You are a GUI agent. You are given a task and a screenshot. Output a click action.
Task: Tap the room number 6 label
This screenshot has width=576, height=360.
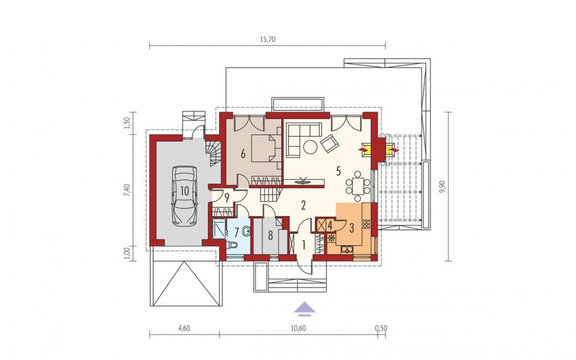[x=243, y=154]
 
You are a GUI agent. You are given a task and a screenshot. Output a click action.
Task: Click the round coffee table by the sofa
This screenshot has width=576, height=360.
[x=311, y=148]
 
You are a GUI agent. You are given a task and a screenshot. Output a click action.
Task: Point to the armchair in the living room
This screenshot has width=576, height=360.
[x=330, y=143]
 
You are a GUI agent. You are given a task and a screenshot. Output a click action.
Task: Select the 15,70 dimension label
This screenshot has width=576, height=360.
[x=267, y=40]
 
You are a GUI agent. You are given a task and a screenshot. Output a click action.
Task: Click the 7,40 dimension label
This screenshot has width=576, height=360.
[x=127, y=191]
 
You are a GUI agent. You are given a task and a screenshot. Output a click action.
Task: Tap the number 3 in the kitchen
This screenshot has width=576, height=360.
[x=352, y=228]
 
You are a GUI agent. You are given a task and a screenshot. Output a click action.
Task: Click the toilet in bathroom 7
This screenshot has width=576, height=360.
[x=233, y=245]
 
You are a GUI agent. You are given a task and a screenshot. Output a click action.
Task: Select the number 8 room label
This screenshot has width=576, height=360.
[x=270, y=236]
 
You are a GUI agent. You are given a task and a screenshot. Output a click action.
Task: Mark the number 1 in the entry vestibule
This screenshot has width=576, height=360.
[x=304, y=245]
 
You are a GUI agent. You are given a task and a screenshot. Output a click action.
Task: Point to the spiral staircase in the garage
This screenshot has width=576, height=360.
[x=213, y=153]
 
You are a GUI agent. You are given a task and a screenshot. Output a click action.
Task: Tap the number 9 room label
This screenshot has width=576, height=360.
[x=227, y=199]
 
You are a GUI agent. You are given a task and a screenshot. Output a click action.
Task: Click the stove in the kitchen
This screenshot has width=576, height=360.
[x=366, y=223]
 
